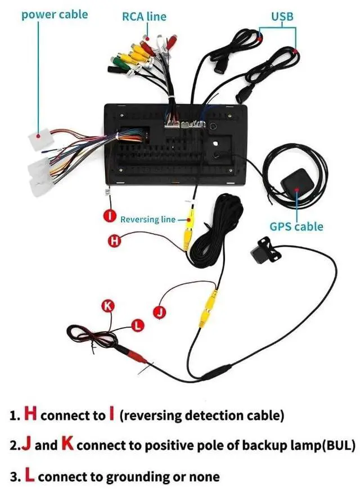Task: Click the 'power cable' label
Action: pyautogui.click(x=55, y=15)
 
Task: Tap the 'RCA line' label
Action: pyautogui.click(x=144, y=16)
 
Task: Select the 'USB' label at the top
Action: pyautogui.click(x=282, y=16)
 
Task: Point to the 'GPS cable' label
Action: pyautogui.click(x=296, y=227)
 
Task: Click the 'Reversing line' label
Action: pyautogui.click(x=148, y=220)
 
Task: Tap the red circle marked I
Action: pyautogui.click(x=110, y=216)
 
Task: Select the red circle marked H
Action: pyautogui.click(x=114, y=241)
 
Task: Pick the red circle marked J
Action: pyautogui.click(x=160, y=313)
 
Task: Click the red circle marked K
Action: pyautogui.click(x=108, y=306)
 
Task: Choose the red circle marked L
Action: pyautogui.click(x=137, y=325)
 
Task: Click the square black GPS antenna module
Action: pyautogui.click(x=295, y=183)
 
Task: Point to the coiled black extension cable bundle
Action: pyautogui.click(x=213, y=232)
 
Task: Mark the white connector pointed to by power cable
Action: pyautogui.click(x=40, y=138)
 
